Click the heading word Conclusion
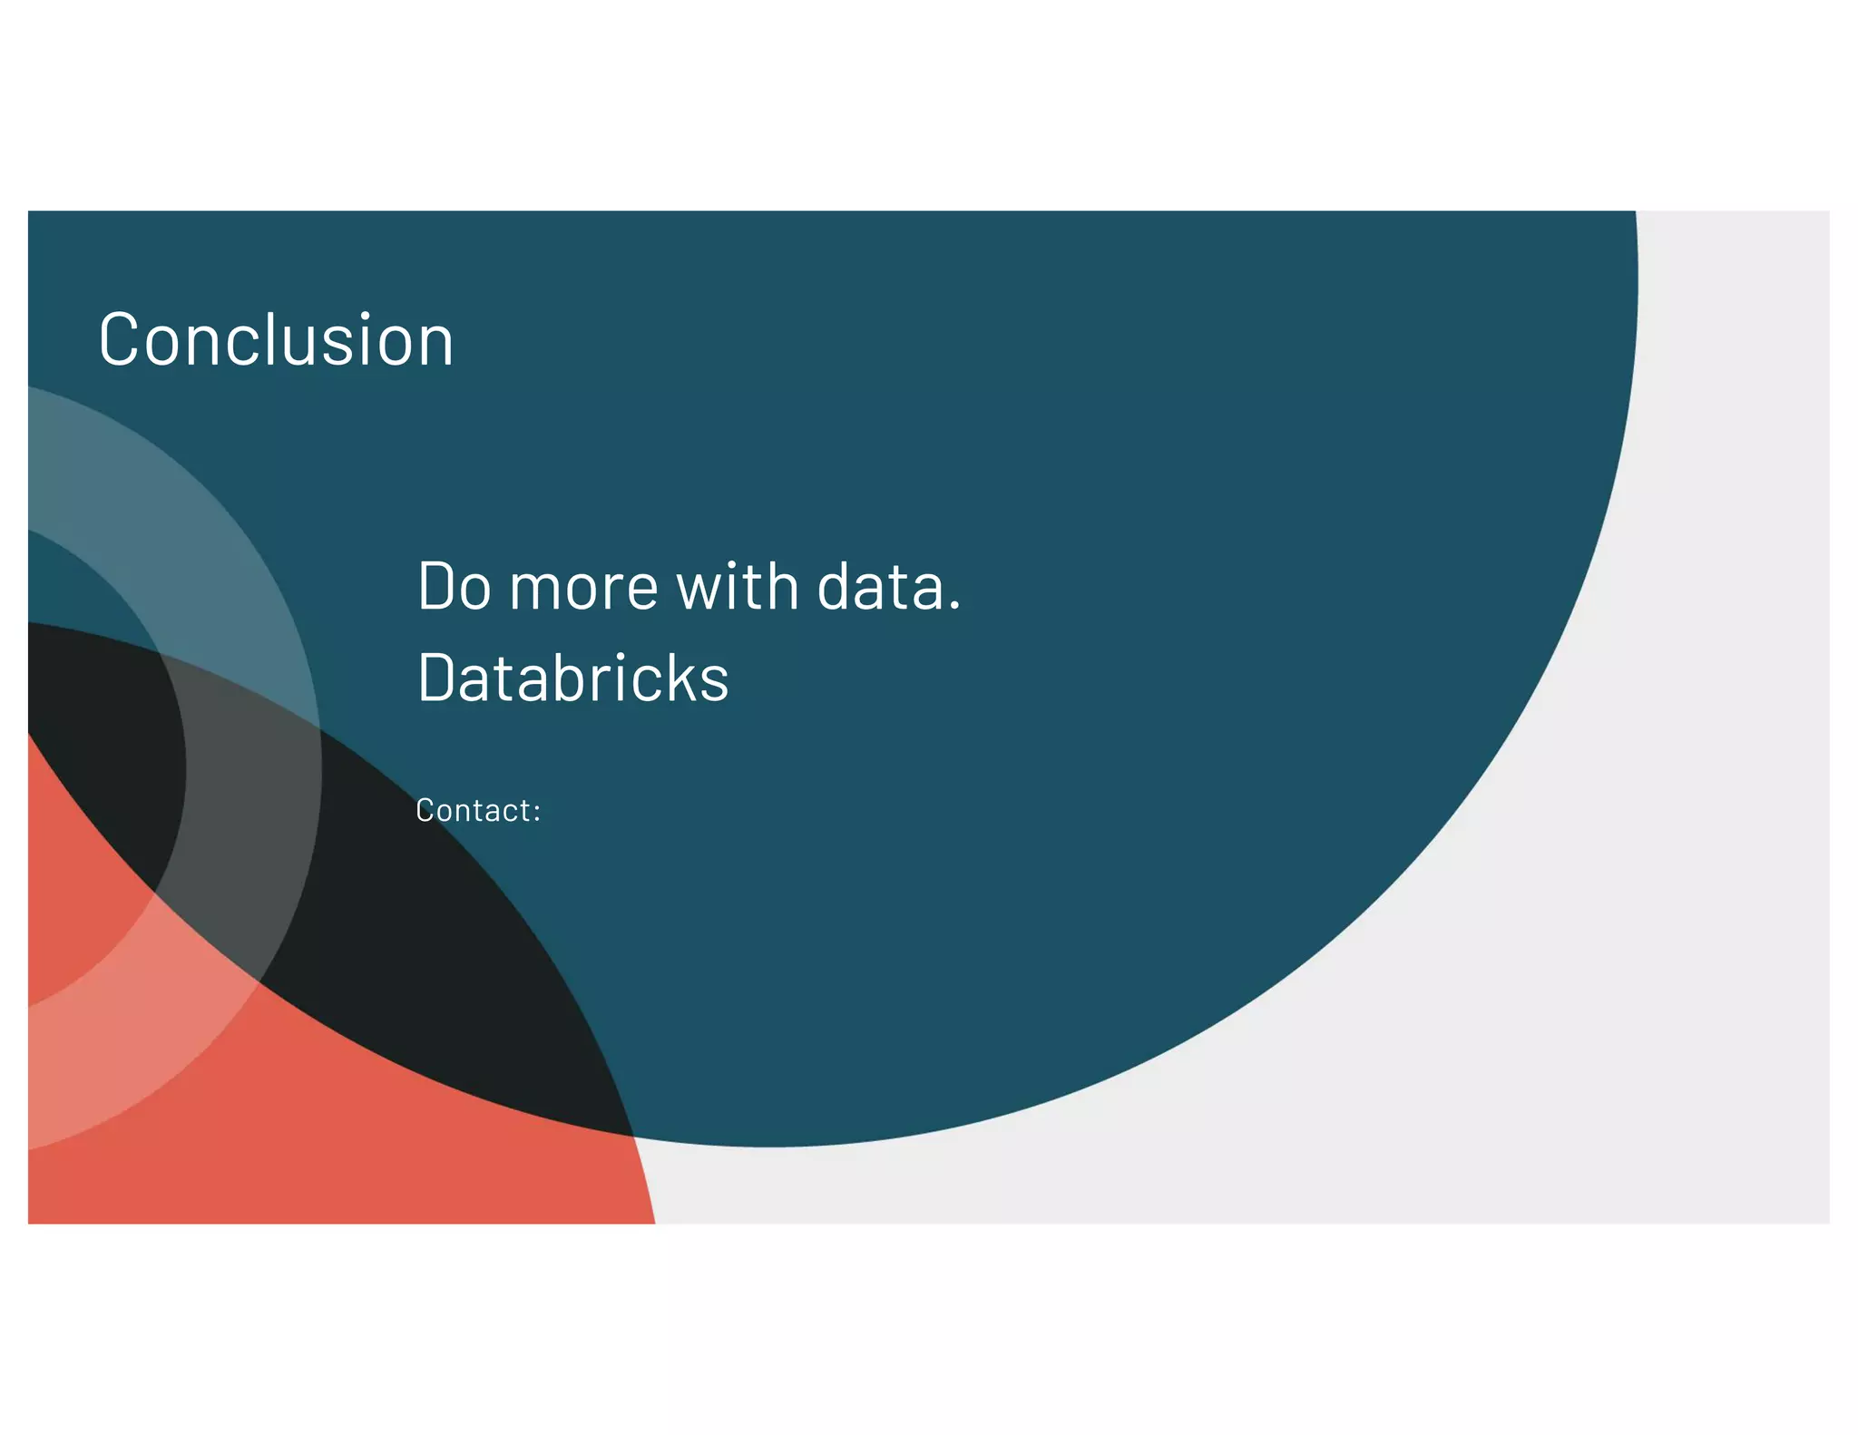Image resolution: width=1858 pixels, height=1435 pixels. [276, 340]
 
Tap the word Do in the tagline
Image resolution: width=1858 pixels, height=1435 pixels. [454, 587]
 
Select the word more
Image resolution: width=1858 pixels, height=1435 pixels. [583, 589]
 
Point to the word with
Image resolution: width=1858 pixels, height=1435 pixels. [738, 587]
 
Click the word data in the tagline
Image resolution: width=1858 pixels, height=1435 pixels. [879, 587]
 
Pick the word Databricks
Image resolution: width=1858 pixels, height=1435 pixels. [572, 678]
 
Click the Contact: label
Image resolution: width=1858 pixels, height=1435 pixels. [477, 810]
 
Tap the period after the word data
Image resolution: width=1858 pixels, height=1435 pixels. [953, 608]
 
